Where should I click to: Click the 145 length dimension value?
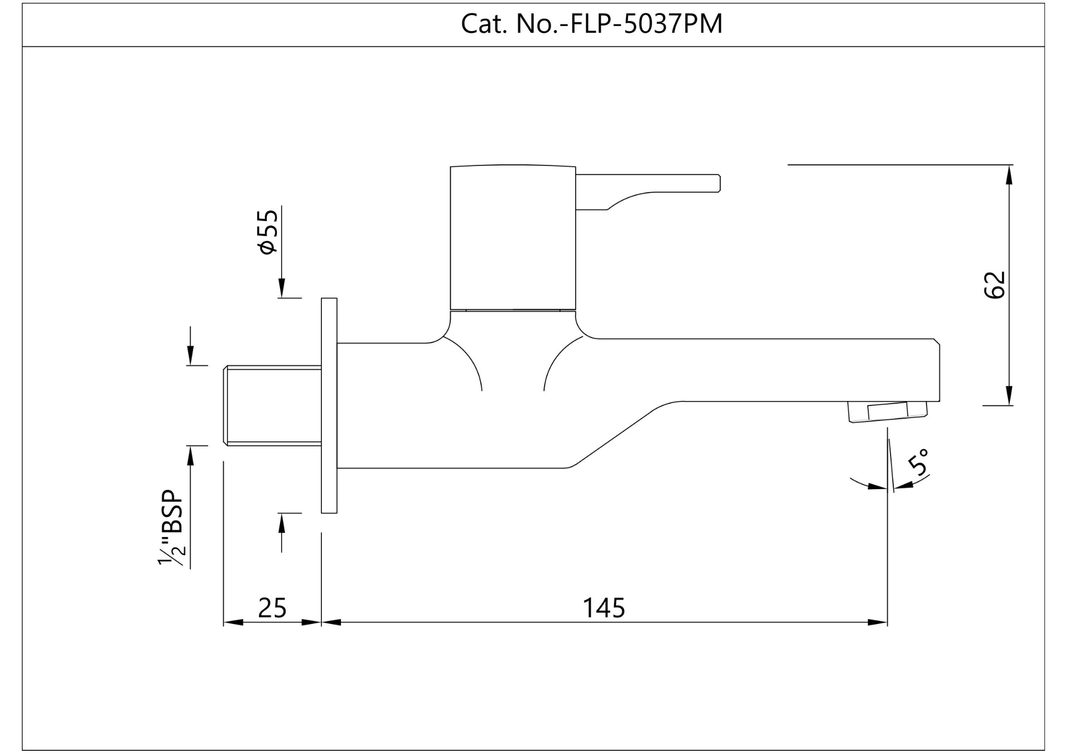pyautogui.click(x=604, y=608)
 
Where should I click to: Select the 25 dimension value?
pyautogui.click(x=272, y=608)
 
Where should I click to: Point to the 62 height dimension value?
pyautogui.click(x=994, y=285)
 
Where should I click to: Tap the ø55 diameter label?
pyautogui.click(x=267, y=232)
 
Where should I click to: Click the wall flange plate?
pyautogui.click(x=329, y=405)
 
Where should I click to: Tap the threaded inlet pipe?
pyautogui.click(x=273, y=405)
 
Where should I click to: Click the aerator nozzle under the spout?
pyautogui.click(x=886, y=411)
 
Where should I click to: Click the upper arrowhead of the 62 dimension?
pyautogui.click(x=1009, y=174)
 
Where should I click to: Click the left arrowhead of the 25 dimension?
pyautogui.click(x=233, y=623)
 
